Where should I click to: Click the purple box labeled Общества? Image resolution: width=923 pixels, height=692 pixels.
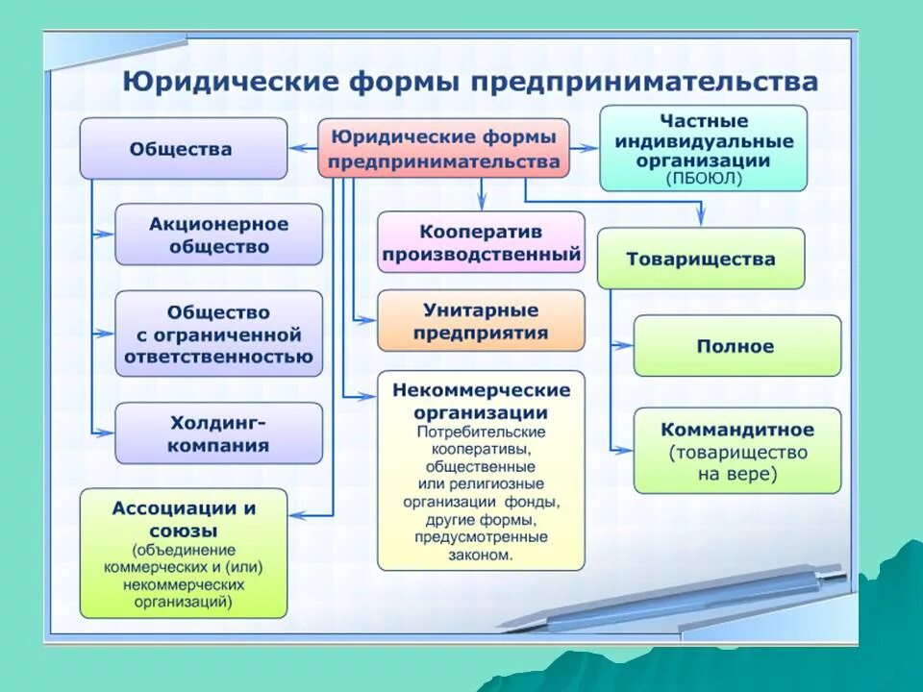click(183, 149)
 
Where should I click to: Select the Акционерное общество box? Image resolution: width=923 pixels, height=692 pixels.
click(219, 235)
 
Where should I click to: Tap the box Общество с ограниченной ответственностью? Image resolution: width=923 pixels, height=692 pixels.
click(219, 334)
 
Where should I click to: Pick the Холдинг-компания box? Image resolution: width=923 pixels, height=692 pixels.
click(219, 433)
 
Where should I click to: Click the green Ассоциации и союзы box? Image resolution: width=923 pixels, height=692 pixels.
click(183, 553)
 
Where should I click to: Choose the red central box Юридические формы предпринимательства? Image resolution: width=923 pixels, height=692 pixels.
click(443, 149)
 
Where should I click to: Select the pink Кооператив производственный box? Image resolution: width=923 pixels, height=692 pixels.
click(481, 243)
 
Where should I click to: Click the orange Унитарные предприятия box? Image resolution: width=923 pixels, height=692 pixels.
click(481, 321)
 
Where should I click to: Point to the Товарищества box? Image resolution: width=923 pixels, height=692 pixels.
click(700, 259)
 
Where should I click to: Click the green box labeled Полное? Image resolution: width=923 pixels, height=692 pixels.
click(736, 346)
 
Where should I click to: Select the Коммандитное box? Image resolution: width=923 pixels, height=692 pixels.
click(736, 450)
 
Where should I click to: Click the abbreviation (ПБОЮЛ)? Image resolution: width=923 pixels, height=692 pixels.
click(702, 179)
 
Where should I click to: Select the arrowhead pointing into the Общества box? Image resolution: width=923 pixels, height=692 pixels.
click(295, 149)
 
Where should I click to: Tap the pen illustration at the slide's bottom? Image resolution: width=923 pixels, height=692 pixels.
click(673, 601)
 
